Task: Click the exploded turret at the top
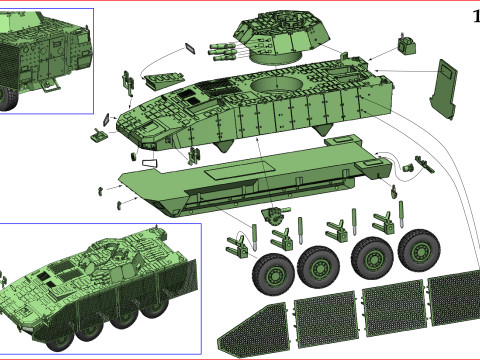point(282,37)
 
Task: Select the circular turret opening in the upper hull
point(277,83)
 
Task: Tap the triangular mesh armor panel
point(254,330)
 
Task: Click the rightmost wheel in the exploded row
point(419,251)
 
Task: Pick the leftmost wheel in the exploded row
point(273,274)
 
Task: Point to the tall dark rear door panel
point(443,89)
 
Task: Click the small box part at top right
point(407,44)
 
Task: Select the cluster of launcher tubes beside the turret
point(222,52)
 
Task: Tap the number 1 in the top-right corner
point(477,16)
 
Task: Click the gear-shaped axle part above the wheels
point(274,215)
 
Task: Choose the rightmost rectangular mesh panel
point(454,298)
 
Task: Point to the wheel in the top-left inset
point(7,99)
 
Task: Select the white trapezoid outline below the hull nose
point(149,163)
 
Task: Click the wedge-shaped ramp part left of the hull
point(164,80)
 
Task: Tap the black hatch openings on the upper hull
point(188,97)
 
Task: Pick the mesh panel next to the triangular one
point(325,319)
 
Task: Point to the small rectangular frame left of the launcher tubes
point(191,48)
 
